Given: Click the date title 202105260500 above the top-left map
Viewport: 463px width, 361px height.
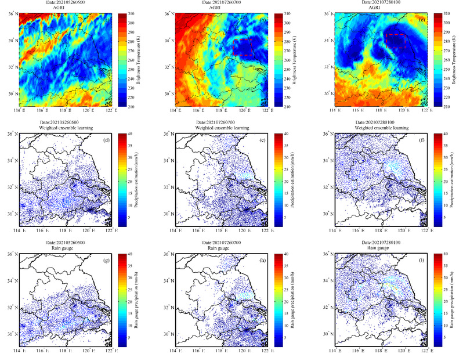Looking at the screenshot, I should [66, 3].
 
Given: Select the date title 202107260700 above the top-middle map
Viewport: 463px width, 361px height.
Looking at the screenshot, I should [222, 3].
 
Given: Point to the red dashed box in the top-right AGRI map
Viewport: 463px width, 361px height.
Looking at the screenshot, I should [395, 41].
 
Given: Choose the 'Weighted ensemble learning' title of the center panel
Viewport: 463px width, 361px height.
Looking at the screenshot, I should [222, 128].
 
